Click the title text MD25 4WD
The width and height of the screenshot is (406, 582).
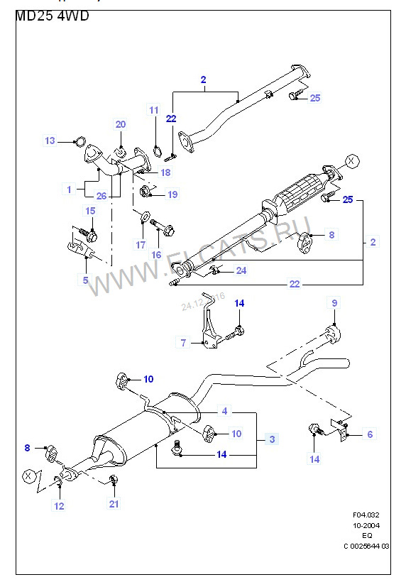tap(52, 16)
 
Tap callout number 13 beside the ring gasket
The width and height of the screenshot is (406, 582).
tap(50, 141)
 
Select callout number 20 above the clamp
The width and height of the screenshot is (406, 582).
tap(121, 125)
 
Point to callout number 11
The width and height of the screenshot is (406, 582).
tap(154, 109)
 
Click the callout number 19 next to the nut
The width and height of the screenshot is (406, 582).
tap(172, 194)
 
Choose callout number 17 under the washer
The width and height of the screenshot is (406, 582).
tap(141, 245)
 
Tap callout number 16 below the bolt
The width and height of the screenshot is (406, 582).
tap(157, 255)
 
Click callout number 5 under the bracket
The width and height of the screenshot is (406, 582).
tap(86, 280)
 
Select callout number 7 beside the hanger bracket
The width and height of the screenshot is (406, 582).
tap(183, 343)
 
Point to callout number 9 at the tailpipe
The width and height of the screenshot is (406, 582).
tap(335, 303)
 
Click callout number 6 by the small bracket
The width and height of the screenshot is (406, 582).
tap(369, 434)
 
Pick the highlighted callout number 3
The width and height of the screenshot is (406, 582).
tap(271, 439)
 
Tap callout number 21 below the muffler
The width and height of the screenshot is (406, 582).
tap(114, 504)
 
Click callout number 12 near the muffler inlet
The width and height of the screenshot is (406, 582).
tap(59, 506)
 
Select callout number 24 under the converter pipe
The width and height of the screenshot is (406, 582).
tap(241, 270)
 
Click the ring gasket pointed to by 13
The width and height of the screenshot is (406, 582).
tap(80, 141)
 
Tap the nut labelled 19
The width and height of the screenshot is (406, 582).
tap(146, 191)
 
